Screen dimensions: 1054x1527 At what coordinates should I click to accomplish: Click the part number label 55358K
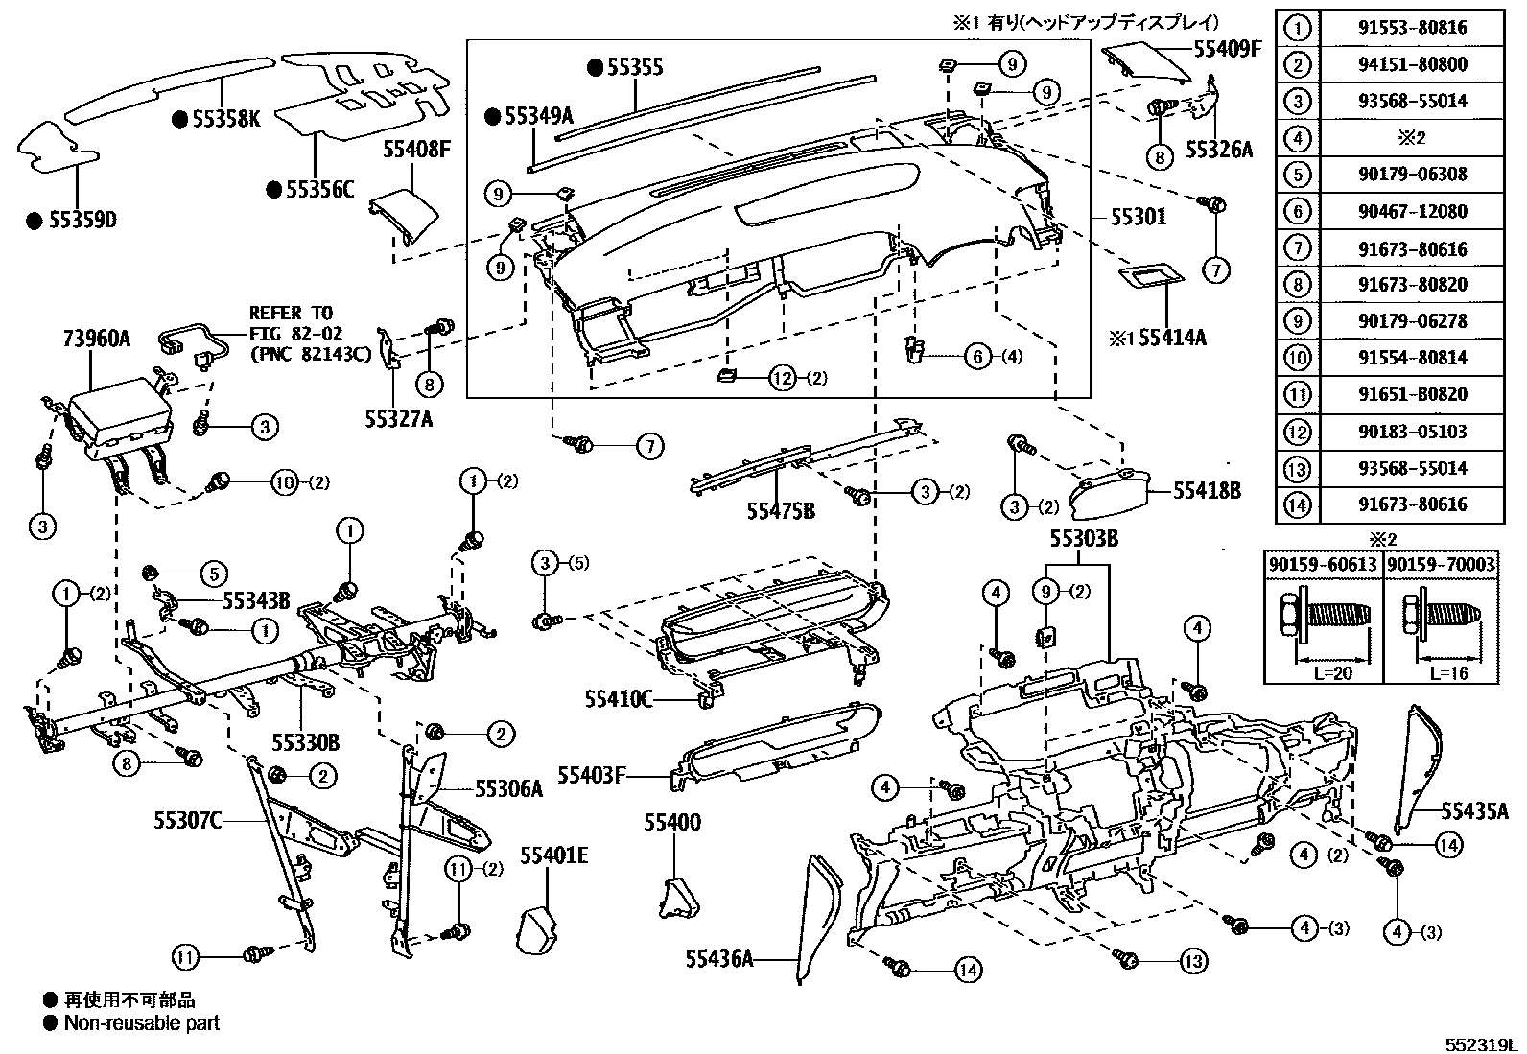[x=225, y=119]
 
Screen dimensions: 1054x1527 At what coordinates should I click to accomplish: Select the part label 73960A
[x=96, y=338]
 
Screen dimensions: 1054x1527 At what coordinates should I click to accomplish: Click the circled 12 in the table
[x=1297, y=432]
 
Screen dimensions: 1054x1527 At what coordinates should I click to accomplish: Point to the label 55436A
[x=719, y=957]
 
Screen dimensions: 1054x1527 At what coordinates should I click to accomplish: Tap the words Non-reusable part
[x=142, y=1023]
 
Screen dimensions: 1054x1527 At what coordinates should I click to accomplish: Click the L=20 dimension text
[x=1332, y=673]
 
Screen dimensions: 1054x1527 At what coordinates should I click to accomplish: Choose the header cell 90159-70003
[x=1442, y=565]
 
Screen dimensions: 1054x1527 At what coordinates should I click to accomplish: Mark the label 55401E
[x=553, y=855]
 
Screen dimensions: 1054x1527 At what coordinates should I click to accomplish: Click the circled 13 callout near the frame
[x=1192, y=960]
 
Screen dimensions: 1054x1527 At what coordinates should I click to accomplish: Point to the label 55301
[x=1139, y=217]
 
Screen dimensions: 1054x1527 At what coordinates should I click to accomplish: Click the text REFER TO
[x=291, y=313]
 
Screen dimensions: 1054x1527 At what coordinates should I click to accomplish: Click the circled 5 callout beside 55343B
[x=212, y=574]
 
